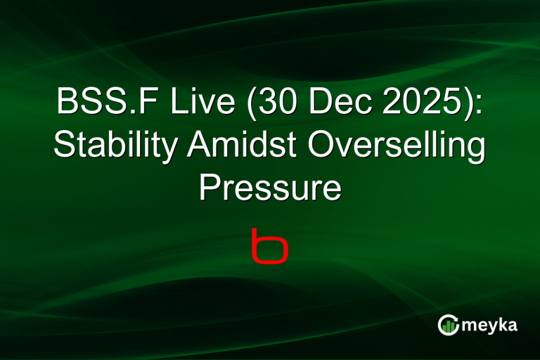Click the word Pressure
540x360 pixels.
270,189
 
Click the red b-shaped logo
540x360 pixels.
270,245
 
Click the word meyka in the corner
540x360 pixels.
490,325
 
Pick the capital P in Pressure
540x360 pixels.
208,189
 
